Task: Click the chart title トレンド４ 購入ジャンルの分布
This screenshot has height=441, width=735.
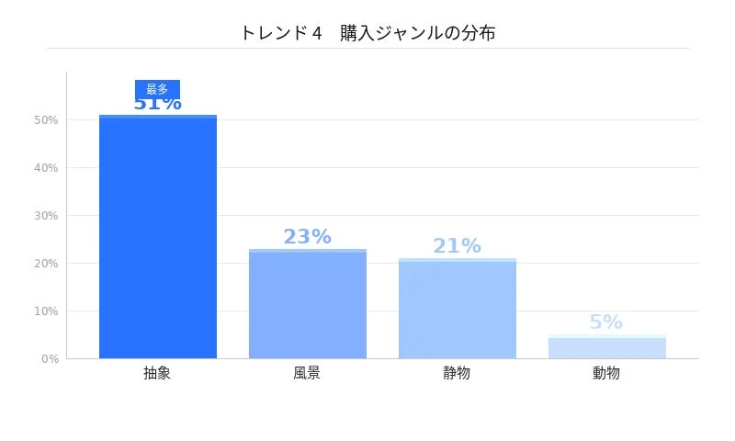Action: click(x=367, y=33)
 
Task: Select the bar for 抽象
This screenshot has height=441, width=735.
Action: click(x=158, y=237)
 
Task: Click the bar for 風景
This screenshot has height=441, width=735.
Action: click(x=308, y=304)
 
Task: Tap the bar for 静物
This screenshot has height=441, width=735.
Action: click(x=458, y=309)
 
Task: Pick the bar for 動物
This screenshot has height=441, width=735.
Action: click(x=606, y=347)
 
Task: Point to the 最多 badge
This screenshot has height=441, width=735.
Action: click(x=157, y=89)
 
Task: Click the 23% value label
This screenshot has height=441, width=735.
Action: click(x=307, y=237)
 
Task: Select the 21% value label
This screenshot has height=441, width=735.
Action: click(x=457, y=246)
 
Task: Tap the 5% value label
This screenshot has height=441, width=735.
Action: click(x=605, y=322)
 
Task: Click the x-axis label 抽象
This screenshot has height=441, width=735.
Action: click(x=157, y=373)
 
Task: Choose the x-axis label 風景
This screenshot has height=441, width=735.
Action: click(x=307, y=373)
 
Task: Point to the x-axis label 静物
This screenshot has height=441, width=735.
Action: click(x=457, y=373)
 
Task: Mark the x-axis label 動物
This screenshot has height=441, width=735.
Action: click(x=606, y=373)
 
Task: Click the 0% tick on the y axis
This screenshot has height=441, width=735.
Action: click(x=50, y=358)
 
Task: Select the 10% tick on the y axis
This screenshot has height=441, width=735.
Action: click(x=46, y=311)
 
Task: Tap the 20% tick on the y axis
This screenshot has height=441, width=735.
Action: click(x=46, y=263)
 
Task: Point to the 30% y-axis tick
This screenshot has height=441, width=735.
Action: click(x=46, y=215)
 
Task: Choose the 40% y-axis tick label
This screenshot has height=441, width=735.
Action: click(x=46, y=167)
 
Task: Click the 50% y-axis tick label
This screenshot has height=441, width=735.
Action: click(x=46, y=119)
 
